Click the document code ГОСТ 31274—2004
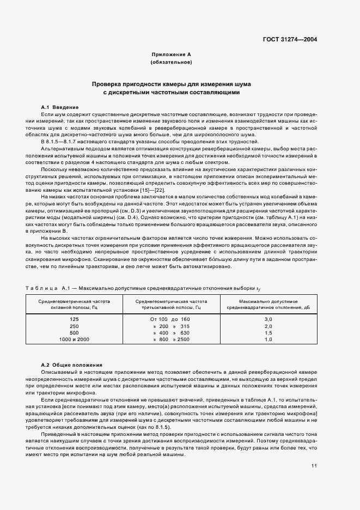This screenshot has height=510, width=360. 291,39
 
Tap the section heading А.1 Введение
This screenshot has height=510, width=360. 60,107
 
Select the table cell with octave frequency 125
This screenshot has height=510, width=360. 74,318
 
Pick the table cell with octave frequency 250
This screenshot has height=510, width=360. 74,325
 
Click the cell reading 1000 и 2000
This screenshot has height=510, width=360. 74,339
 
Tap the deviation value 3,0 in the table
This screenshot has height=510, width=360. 268,318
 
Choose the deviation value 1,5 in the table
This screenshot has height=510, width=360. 268,332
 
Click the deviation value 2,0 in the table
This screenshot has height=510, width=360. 268,325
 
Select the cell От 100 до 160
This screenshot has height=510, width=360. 170,318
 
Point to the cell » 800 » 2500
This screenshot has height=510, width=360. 170,339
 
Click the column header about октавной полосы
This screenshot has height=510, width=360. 74,303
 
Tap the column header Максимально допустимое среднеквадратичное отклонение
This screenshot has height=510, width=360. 268,303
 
